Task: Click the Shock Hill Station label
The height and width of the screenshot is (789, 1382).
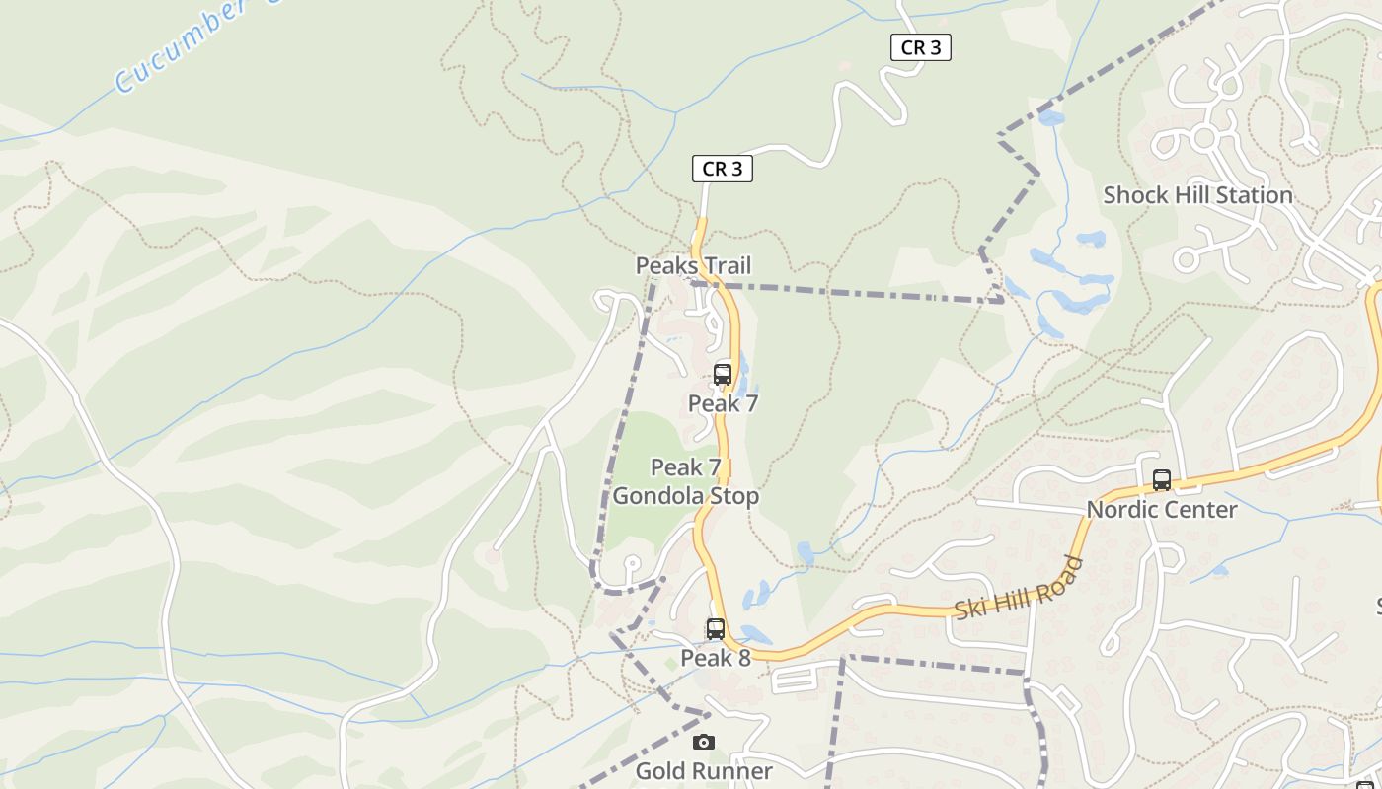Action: click(1197, 195)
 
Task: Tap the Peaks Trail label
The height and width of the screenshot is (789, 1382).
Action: click(693, 265)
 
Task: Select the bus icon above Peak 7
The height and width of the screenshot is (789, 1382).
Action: click(723, 375)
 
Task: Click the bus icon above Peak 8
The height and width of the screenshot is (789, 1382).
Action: click(716, 629)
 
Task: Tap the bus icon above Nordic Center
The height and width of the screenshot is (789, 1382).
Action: click(1162, 481)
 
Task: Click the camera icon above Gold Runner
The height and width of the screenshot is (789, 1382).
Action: click(704, 743)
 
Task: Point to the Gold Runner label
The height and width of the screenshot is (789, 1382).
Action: click(704, 770)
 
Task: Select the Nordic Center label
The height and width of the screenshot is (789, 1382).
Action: click(1162, 510)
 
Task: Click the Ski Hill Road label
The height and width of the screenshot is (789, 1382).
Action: click(1018, 590)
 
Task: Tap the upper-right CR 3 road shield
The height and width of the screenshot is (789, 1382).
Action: click(920, 47)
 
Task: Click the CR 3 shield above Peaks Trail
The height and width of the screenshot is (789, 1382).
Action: click(722, 170)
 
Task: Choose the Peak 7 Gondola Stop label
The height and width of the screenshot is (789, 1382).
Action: click(686, 481)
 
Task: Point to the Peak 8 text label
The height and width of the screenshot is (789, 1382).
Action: click(716, 658)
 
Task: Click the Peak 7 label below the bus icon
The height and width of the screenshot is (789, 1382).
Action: click(723, 403)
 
